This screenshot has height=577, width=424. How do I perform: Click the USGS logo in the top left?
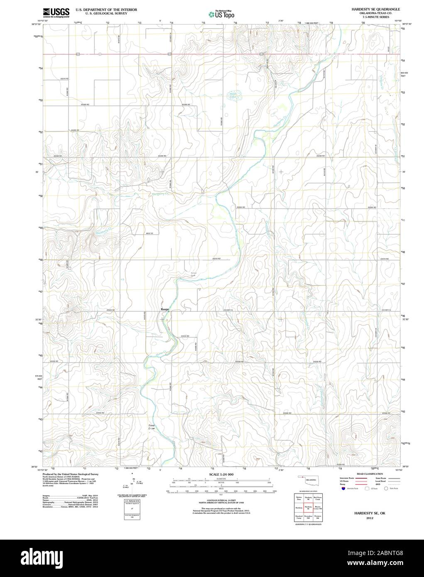pyautogui.click(x=56, y=12)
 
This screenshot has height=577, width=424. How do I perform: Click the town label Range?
pyautogui.click(x=165, y=309)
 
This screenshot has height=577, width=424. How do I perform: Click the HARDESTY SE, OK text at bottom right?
pyautogui.click(x=363, y=513)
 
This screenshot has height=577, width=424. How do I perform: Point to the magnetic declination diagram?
pyautogui.click(x=132, y=482)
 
